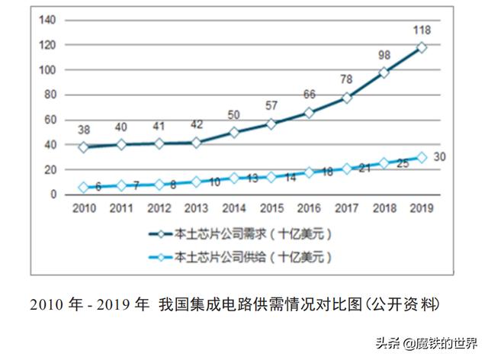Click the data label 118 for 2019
422,30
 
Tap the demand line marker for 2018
384,72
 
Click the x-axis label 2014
235,207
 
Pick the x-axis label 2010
84,207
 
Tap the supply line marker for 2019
422,158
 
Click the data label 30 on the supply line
440,158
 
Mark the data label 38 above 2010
84,130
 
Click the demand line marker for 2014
235,133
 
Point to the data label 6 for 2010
98,186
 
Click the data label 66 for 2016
309,95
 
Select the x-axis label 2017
347,207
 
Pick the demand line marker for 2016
309,113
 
